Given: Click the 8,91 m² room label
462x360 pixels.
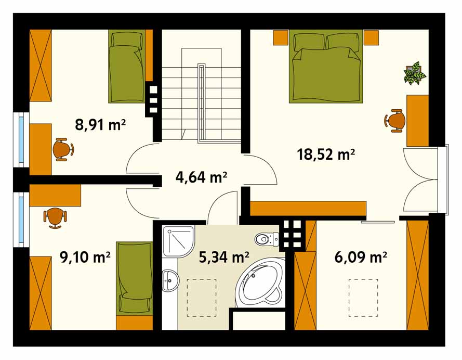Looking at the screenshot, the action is tap(100, 125).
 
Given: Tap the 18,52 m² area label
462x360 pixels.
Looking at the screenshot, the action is tap(326, 154).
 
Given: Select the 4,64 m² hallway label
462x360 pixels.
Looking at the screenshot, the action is tap(202, 177).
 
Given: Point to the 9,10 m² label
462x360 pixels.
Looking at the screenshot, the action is tap(85, 257).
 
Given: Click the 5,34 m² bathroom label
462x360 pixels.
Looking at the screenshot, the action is tap(224, 257).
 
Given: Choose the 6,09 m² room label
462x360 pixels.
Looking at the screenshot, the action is tap(361, 257).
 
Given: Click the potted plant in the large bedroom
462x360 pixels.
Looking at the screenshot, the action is tap(415, 73).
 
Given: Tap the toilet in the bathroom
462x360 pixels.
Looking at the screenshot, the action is tap(267, 239).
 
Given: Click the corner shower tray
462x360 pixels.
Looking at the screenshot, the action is tap(178, 241).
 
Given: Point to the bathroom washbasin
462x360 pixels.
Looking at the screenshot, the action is tap(170, 280).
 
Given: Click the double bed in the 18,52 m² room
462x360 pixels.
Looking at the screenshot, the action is tap(325, 67).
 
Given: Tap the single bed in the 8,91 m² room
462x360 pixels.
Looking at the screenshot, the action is tap(127, 67).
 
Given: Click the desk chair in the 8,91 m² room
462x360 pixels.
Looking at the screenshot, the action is tap(63, 149).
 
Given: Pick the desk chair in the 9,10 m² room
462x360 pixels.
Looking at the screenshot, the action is tap(55, 217).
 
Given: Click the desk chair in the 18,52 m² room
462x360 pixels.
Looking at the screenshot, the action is tap(395, 121).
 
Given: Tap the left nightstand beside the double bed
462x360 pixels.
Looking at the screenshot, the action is tap(281, 37).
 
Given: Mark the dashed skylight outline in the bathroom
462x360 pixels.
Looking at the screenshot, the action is tap(202, 298).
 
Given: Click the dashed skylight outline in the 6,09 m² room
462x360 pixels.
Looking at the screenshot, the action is tap(363, 298).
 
